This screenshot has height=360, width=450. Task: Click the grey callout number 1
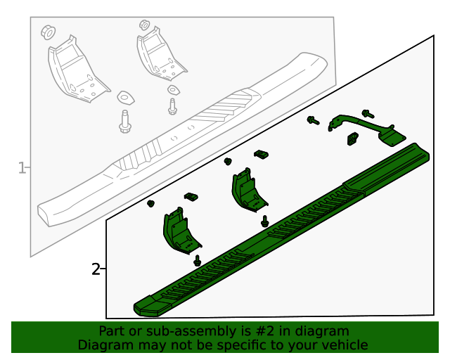[x=22, y=167]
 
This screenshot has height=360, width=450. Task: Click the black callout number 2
[x=96, y=269]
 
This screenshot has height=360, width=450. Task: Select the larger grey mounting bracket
[x=77, y=70]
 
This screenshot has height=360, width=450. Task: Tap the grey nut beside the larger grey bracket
[x=49, y=32]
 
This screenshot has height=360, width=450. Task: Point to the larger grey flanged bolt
[x=125, y=122]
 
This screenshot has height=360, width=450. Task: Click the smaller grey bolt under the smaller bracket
[x=172, y=106]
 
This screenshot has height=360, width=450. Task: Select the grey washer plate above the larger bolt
[x=125, y=97]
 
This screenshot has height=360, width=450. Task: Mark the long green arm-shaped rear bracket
[x=367, y=129]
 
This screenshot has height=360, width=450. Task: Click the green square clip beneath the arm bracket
[x=353, y=139]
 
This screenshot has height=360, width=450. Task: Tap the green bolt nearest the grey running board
[x=313, y=120]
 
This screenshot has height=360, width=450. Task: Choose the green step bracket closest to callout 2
[x=181, y=231]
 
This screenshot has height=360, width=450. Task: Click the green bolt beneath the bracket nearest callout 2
[x=197, y=261]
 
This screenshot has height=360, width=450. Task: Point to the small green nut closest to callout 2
[x=150, y=203]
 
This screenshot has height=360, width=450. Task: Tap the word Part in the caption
[x=111, y=331]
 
